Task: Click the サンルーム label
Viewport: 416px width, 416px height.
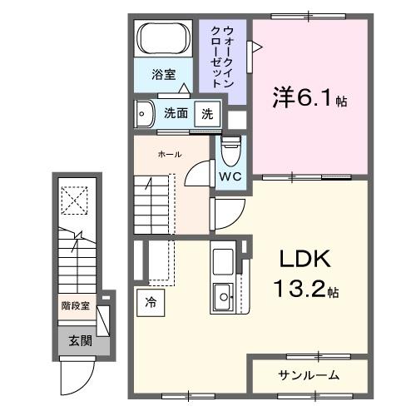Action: pos(308,375)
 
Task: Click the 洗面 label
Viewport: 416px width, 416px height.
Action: pos(175,113)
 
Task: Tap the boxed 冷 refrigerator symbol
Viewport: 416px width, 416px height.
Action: pos(151,303)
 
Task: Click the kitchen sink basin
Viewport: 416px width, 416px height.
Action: pos(224,295)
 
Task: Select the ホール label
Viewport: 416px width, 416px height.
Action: pos(170,155)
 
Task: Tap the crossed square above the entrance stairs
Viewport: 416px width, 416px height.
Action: pos(77,199)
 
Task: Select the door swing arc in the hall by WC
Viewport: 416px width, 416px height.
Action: pos(198,172)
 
